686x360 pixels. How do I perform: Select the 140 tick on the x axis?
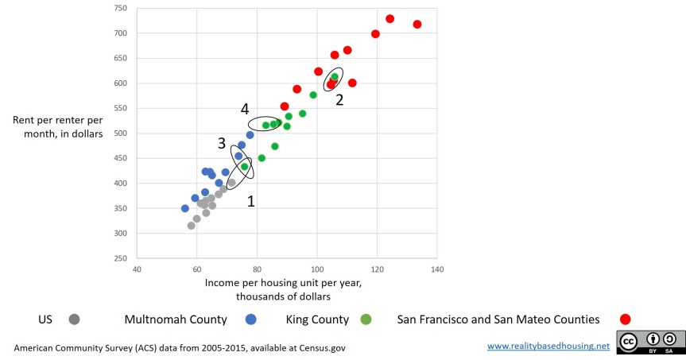(436, 270)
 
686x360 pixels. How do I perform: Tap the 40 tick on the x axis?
(138, 270)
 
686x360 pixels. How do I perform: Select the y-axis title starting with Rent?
(57, 126)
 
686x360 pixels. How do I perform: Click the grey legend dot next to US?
(74, 319)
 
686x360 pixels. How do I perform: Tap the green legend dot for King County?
(366, 319)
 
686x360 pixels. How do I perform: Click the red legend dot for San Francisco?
(625, 319)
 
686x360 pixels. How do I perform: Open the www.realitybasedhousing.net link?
(548, 346)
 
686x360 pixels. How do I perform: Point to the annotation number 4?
(245, 108)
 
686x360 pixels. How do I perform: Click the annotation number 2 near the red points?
(339, 99)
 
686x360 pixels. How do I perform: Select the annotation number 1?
(251, 202)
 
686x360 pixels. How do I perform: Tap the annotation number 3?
(223, 143)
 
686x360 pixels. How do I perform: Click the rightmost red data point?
(417, 25)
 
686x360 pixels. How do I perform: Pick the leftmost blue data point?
(185, 208)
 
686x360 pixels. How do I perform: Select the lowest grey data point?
(191, 226)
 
